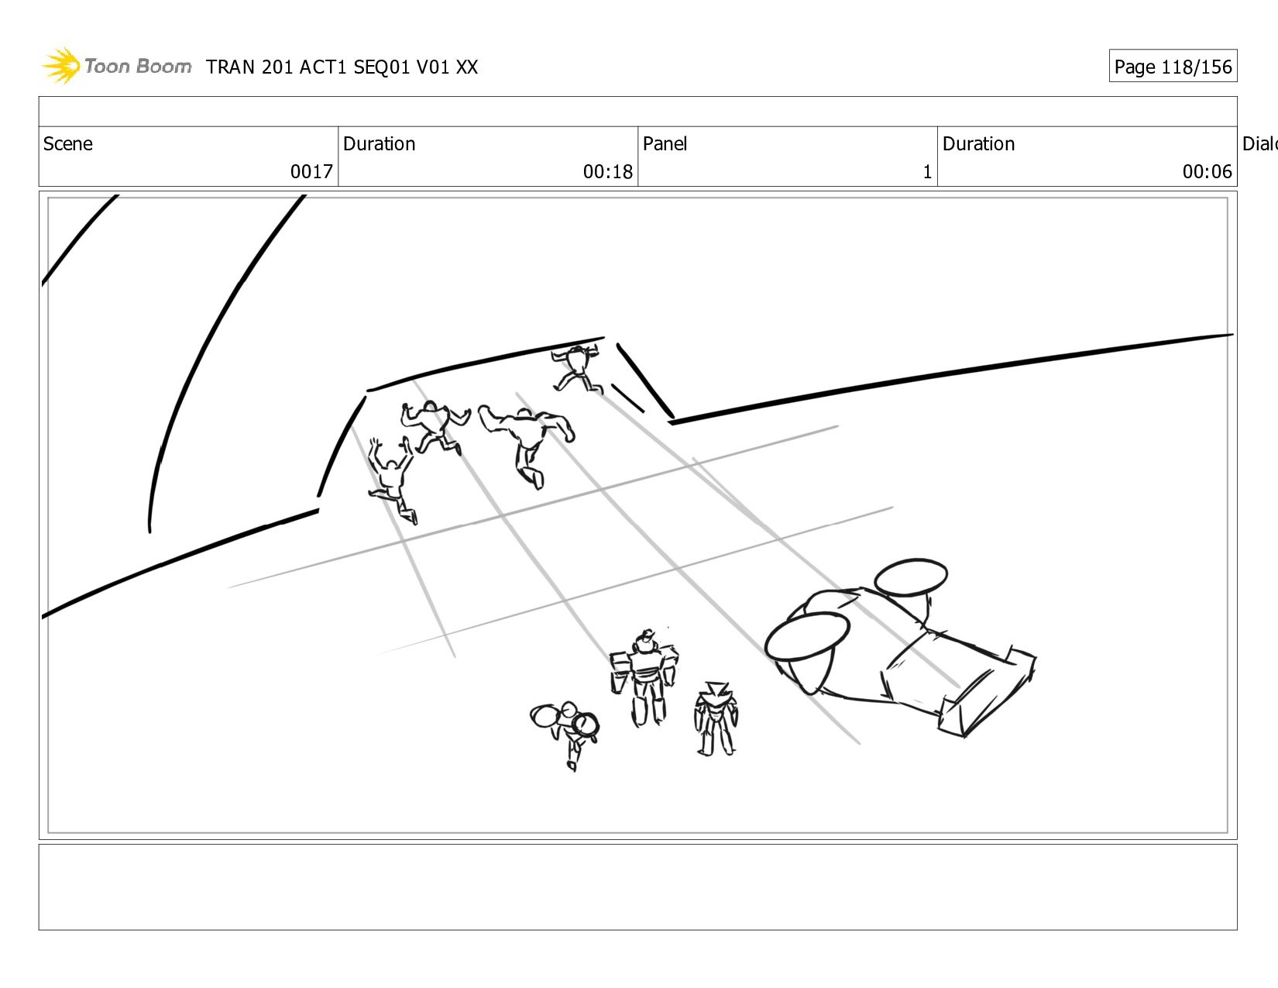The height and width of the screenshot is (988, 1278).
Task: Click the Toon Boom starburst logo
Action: pos(60,65)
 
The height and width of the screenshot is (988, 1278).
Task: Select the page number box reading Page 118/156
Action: pos(1173,66)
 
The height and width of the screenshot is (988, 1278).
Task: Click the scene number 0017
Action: pos(311,171)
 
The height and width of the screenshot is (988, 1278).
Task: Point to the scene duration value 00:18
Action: pos(607,171)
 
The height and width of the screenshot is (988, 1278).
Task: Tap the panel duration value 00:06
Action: pos(1207,171)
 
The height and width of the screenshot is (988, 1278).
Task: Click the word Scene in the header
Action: pos(67,143)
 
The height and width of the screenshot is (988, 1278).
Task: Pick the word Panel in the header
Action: pos(665,143)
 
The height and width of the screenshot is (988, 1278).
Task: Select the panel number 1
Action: pos(927,171)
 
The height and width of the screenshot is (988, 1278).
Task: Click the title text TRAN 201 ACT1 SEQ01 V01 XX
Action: pos(342,67)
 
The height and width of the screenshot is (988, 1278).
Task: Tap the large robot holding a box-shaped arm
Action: pos(644,678)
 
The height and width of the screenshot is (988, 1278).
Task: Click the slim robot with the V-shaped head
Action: pos(716,718)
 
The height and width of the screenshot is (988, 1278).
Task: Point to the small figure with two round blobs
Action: pos(565,733)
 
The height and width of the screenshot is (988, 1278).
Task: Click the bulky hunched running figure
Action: pos(527,442)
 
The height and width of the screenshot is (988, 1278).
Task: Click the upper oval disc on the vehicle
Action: pos(910,577)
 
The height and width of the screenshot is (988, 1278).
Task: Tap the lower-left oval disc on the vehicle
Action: pos(807,635)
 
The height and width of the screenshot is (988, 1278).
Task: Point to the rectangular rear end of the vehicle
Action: pos(988,694)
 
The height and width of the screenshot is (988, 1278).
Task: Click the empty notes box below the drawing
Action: pos(637,886)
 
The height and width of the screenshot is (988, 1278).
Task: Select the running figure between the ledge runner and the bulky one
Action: pos(435,426)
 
